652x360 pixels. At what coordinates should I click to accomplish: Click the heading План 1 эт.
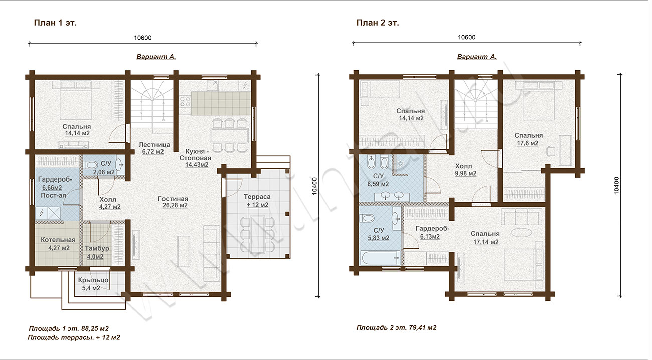coord(55,23)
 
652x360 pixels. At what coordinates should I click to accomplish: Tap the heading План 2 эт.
coord(378,23)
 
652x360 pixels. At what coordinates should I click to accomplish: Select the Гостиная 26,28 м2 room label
coord(173,202)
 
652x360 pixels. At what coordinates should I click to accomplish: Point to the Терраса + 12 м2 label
coord(257,201)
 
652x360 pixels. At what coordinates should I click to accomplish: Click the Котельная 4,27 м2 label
coord(58,244)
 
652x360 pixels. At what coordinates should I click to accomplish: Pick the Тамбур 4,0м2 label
coord(97,252)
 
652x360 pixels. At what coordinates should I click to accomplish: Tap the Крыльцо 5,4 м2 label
coord(93,284)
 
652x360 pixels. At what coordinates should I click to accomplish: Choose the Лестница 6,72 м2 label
coord(154,148)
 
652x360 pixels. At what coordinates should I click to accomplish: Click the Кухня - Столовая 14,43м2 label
coord(196,158)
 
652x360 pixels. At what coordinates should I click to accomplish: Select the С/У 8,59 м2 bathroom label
coord(378,180)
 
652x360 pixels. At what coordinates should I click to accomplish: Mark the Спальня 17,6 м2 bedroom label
coord(528,139)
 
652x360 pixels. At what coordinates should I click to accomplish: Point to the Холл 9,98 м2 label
coord(465,170)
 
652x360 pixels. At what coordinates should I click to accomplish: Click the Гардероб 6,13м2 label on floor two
coord(432,233)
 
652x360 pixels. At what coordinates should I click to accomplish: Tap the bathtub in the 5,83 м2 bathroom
coord(381,258)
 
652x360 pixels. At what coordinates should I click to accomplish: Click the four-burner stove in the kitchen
coord(185,102)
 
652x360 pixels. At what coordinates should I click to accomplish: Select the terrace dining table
coord(257,234)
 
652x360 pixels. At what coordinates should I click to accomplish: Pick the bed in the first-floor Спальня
coord(76,104)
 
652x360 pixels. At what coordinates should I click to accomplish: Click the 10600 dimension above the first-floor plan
coord(142,38)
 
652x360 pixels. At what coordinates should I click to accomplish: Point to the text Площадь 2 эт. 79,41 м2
coord(396,328)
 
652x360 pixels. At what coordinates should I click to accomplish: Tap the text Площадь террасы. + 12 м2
coord(74,337)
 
